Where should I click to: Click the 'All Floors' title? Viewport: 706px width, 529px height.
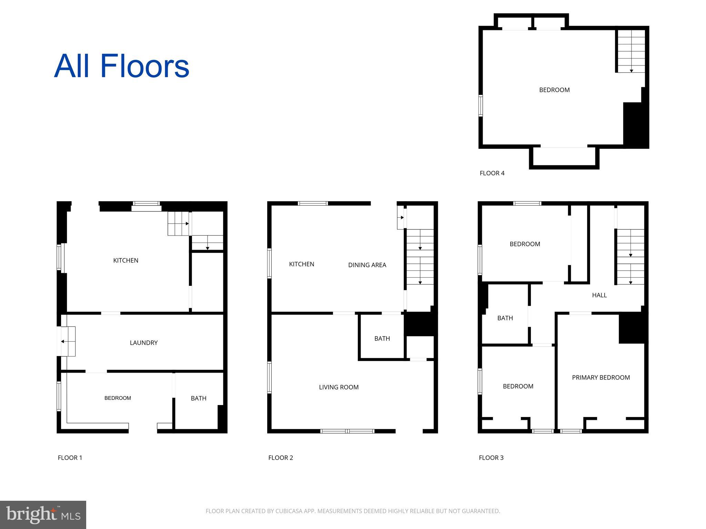122,66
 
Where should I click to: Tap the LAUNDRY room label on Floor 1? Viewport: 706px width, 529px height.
143,343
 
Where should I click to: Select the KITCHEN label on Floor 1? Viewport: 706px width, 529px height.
125,260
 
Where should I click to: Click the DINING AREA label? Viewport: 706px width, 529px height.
367,265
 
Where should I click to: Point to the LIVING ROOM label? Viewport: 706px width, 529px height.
339,387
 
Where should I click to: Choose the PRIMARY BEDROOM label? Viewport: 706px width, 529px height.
601,377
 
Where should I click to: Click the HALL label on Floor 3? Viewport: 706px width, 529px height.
599,295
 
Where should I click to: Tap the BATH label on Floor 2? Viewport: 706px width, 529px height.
382,339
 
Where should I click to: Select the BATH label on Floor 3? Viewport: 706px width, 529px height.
505,318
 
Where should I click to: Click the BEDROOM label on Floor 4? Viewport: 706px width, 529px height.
554,90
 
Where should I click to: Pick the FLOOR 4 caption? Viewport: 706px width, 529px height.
492,173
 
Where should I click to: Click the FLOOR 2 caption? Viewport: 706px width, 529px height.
280,458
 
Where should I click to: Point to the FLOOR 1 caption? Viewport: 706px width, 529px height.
70,458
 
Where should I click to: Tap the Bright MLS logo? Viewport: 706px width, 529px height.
43,515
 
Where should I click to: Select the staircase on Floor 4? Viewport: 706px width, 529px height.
631,51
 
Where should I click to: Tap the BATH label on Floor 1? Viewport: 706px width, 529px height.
198,398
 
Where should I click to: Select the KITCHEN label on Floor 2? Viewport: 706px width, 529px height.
301,264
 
